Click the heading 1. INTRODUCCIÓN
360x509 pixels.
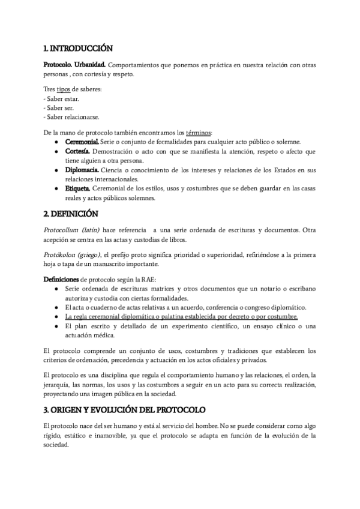pyautogui.click(x=79, y=48)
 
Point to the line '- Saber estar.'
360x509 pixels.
pyautogui.click(x=61, y=98)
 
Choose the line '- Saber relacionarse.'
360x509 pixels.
pyautogui.click(x=71, y=116)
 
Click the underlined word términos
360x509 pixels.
pyautogui.click(x=199, y=132)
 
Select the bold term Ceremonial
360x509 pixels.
pyautogui.click(x=82, y=142)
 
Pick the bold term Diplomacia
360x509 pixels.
pyautogui.click(x=82, y=170)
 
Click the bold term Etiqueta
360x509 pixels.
pyautogui.click(x=78, y=189)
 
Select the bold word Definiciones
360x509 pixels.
pyautogui.click(x=61, y=279)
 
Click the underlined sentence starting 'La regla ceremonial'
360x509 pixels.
pyautogui.click(x=181, y=316)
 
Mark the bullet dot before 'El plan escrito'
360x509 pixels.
pyautogui.click(x=56, y=326)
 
